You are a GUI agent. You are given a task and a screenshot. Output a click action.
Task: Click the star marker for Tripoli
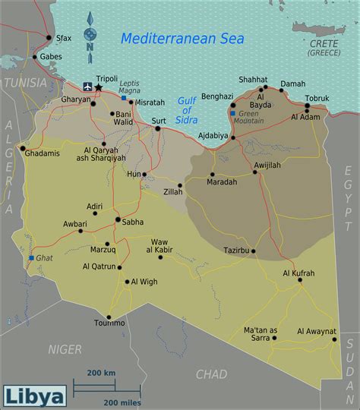tap(98, 88)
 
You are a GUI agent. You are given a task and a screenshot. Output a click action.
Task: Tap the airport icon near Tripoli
tap(86, 88)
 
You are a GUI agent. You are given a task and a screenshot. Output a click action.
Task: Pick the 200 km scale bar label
tap(101, 373)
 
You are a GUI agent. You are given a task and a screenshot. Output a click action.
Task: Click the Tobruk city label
tap(317, 98)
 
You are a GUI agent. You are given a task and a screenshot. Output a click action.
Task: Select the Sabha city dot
tap(118, 220)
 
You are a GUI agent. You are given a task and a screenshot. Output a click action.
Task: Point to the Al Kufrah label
tap(298, 273)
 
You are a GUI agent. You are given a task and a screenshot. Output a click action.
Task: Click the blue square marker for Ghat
tap(31, 258)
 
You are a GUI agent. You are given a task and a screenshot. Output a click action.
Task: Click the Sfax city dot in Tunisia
tap(49, 37)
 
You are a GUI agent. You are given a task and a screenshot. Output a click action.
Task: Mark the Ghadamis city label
tap(41, 153)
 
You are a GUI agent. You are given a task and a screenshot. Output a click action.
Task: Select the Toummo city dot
tap(109, 317)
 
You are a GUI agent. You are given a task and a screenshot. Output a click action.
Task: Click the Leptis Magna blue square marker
tap(124, 98)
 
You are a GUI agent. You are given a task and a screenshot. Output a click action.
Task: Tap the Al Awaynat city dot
tap(334, 339)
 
